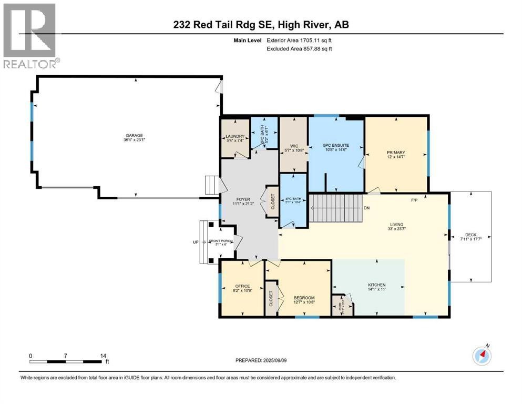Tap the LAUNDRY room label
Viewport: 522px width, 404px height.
(x=234, y=137)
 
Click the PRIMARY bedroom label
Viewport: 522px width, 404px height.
(x=395, y=153)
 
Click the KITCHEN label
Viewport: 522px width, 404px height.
(x=376, y=285)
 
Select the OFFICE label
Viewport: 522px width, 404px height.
(x=242, y=286)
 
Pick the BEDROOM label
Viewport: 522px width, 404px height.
(x=303, y=298)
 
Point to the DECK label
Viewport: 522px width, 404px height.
(x=470, y=236)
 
